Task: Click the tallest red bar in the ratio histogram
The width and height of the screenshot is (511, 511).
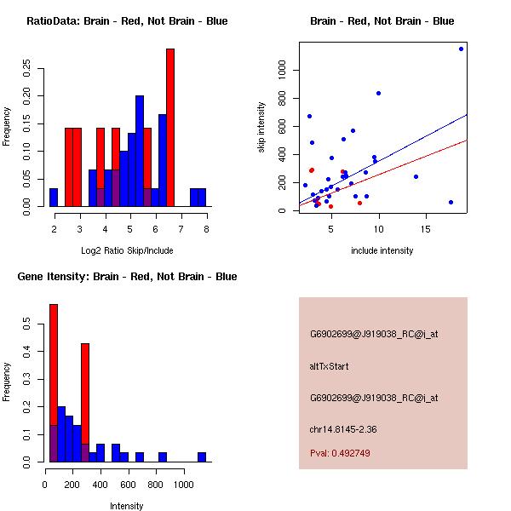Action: [x=170, y=128]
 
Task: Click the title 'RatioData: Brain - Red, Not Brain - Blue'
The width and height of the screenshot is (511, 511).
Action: [x=127, y=21]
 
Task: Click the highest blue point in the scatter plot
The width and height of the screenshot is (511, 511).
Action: [x=461, y=49]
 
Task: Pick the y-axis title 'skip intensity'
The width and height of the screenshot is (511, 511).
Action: [x=261, y=128]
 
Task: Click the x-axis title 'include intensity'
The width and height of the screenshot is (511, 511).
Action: [x=382, y=251]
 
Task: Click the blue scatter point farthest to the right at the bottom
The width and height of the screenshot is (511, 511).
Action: [x=451, y=202]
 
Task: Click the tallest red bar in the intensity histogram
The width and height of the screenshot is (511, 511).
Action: [x=53, y=383]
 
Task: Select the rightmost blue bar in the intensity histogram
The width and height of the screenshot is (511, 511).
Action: [x=202, y=456]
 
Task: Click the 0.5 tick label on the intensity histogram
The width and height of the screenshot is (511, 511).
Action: [x=27, y=324]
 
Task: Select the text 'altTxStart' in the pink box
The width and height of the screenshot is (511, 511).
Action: [x=329, y=366]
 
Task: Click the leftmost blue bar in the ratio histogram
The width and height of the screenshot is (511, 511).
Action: [x=54, y=198]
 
